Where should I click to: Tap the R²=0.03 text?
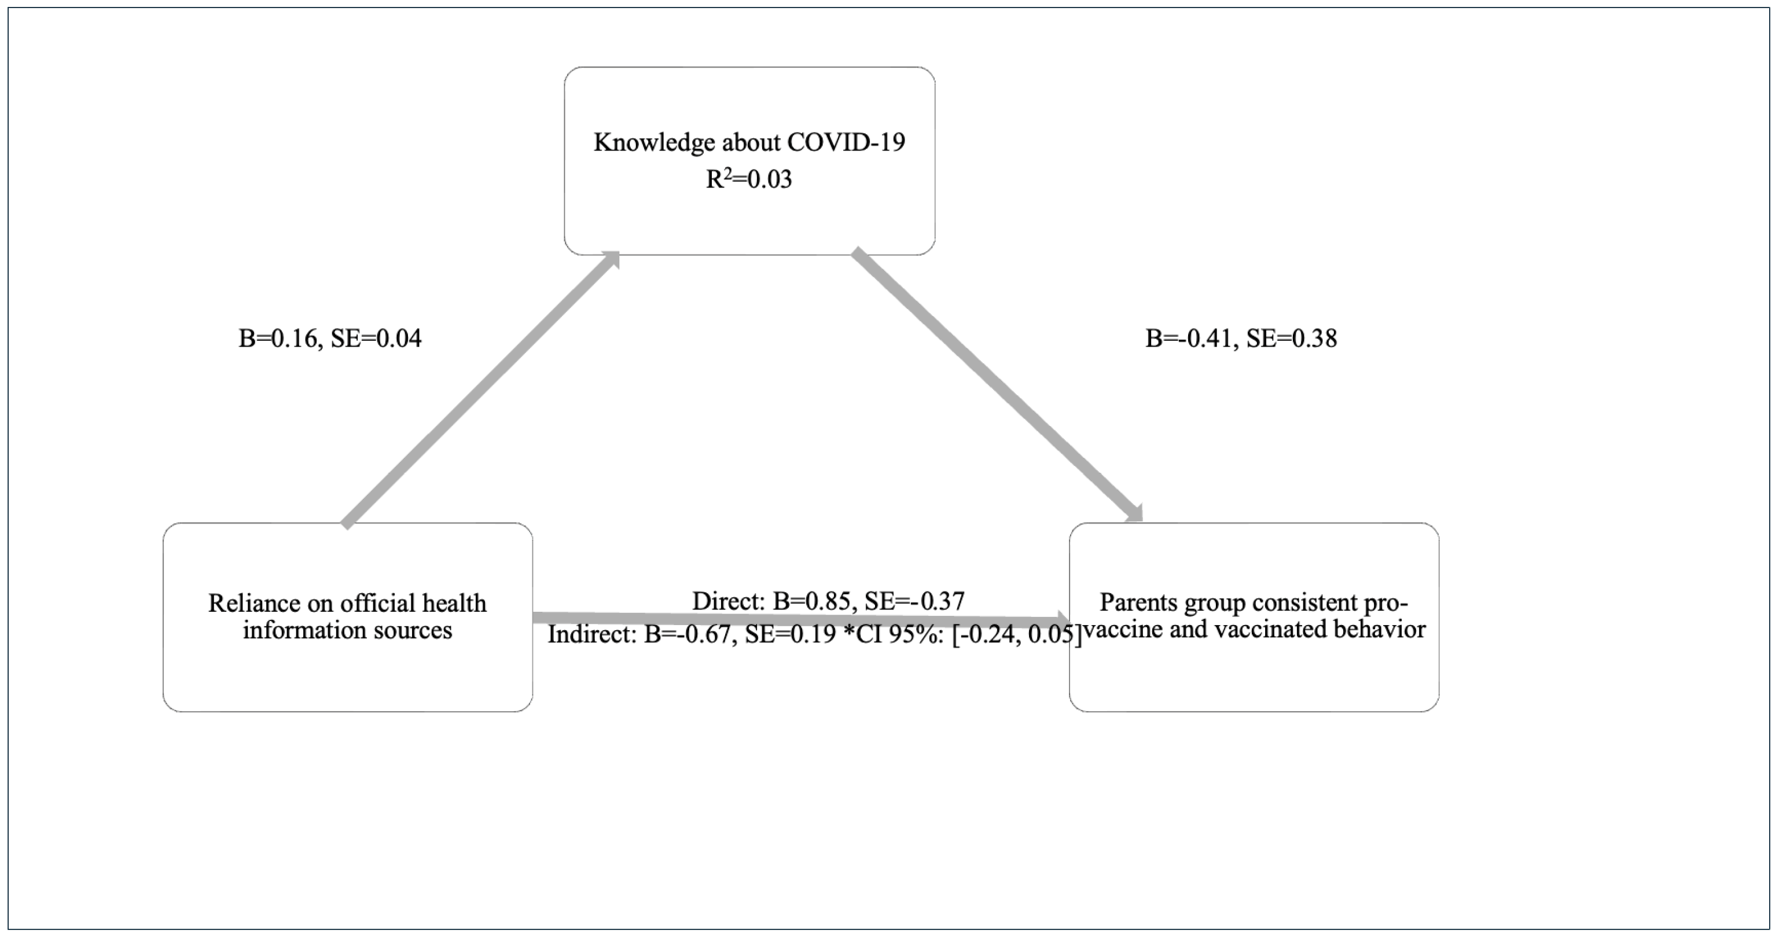(749, 179)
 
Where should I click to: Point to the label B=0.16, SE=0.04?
(329, 339)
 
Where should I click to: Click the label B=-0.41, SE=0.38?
(1241, 339)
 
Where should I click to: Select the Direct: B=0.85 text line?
(828, 601)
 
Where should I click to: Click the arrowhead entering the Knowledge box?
(609, 260)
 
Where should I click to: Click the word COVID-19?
(846, 142)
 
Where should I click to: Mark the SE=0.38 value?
(1292, 339)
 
